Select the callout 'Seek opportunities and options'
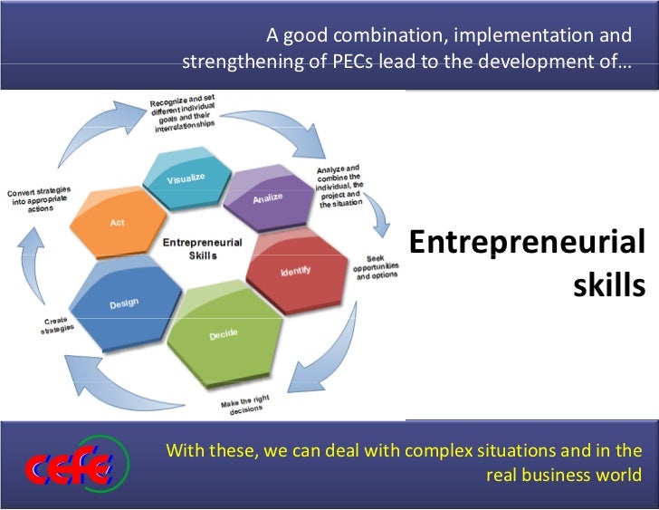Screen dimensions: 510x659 pos(376,267)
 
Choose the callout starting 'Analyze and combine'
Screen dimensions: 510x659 pos(339,186)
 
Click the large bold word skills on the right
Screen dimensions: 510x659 pos(608,286)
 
